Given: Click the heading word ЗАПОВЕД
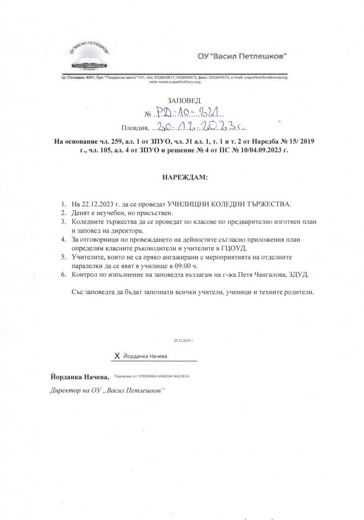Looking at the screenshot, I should click(181, 101).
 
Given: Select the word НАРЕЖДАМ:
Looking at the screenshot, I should click(182, 179).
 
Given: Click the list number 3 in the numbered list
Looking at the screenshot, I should click(63, 221).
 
